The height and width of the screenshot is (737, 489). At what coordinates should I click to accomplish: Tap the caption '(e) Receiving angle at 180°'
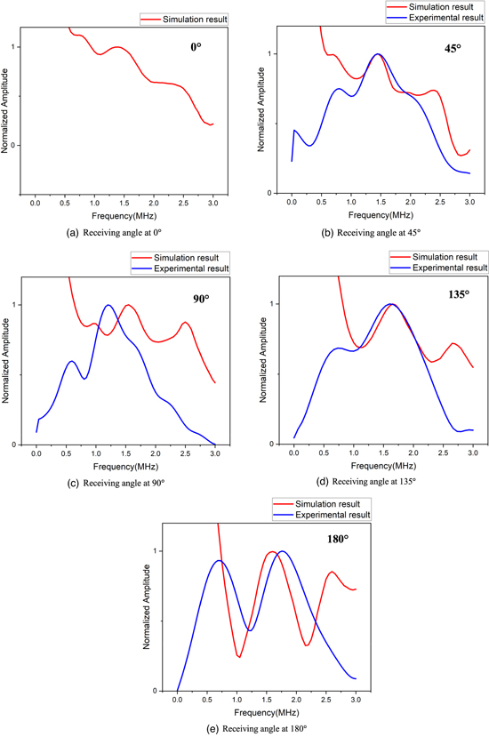click(248, 728)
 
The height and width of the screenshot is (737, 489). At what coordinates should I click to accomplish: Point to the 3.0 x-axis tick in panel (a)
click(212, 204)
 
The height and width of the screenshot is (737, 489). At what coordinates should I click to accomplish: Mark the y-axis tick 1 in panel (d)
click(273, 304)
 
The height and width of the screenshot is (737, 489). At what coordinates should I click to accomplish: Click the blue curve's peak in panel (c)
click(108, 305)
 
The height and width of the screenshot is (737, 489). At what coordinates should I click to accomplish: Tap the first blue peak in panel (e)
click(218, 560)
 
